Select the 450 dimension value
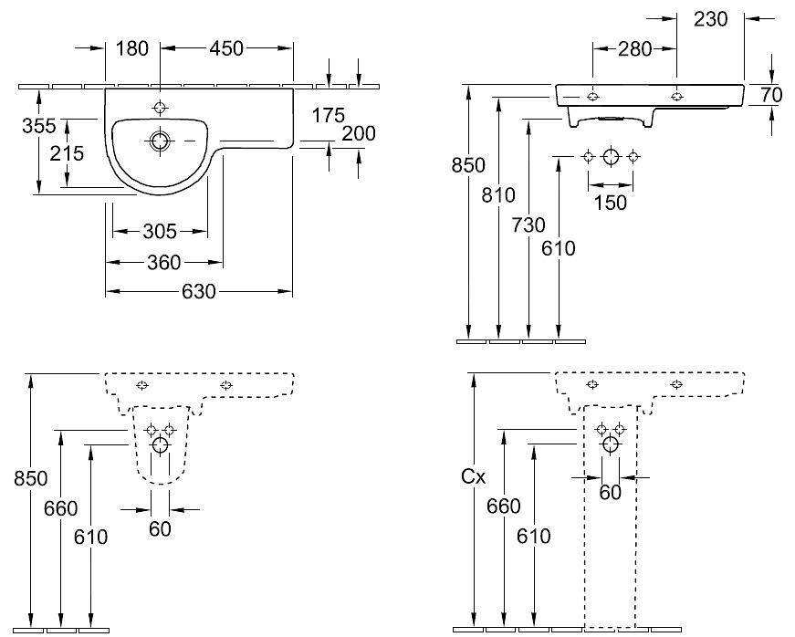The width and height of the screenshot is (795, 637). coord(226,48)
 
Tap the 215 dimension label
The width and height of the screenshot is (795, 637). coord(67,153)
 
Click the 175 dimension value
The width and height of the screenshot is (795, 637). coord(328,115)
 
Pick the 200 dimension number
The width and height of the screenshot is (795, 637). coord(359,133)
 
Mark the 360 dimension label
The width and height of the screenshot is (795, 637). coord(164,263)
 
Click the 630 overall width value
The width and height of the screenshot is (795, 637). coord(198,292)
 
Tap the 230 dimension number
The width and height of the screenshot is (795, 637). coord(710,18)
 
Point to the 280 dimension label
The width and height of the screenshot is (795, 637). coord(634,49)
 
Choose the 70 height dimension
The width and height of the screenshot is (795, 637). coord(772,93)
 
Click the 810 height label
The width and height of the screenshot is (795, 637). coord(500,194)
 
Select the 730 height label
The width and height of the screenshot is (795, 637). coord(530,225)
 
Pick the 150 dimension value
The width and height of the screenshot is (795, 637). coord(610,202)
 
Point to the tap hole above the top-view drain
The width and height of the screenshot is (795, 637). coord(161,108)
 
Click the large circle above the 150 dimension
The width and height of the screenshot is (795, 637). coord(610,156)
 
